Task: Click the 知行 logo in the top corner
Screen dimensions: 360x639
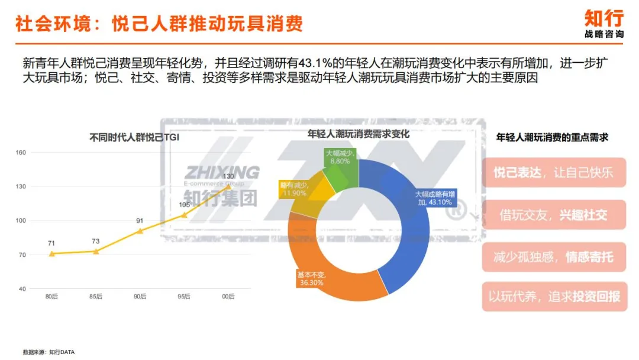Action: click(603, 22)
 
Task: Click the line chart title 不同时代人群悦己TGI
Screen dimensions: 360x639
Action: click(134, 138)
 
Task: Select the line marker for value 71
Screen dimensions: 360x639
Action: click(52, 253)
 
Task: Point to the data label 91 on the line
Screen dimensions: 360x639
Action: click(140, 221)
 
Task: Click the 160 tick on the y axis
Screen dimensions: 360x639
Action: click(21, 153)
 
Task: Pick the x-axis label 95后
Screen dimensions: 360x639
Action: click(184, 297)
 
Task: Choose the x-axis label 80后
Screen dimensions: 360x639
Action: click(52, 297)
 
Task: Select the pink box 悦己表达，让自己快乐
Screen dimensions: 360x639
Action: click(554, 172)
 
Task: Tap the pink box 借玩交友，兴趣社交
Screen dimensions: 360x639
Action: click(554, 214)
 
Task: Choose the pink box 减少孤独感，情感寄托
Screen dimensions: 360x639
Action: click(554, 256)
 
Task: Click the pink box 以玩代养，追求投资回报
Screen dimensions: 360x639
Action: click(554, 297)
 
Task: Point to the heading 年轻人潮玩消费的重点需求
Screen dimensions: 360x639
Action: click(552, 137)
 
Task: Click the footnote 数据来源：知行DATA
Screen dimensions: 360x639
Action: click(49, 352)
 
